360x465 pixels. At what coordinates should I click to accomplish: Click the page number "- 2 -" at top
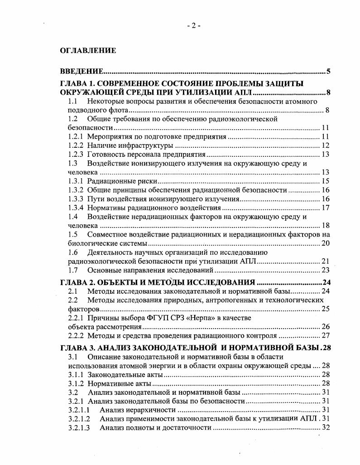click(x=193, y=26)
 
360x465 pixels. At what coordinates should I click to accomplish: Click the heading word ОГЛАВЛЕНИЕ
click(x=88, y=51)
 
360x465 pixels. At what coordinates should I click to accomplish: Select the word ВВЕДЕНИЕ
click(x=82, y=72)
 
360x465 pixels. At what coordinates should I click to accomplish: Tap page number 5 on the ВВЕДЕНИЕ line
click(x=328, y=72)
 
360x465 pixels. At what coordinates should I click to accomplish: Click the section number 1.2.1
click(x=76, y=136)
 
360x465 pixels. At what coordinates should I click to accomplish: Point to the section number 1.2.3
click(x=76, y=155)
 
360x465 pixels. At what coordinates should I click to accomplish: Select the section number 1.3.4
click(x=76, y=208)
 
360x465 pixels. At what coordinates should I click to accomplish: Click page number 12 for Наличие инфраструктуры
click(x=325, y=145)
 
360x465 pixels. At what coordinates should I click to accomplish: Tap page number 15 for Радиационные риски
click(x=325, y=181)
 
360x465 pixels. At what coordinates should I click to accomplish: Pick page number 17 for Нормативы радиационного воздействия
click(x=325, y=208)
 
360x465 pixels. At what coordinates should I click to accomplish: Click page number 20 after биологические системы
click(x=325, y=243)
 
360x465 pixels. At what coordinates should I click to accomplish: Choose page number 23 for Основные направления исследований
click(x=325, y=271)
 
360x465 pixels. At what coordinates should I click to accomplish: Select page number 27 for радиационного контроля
click(x=325, y=336)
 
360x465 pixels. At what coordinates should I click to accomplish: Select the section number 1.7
click(x=73, y=271)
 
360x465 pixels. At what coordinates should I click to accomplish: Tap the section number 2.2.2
click(x=76, y=336)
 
